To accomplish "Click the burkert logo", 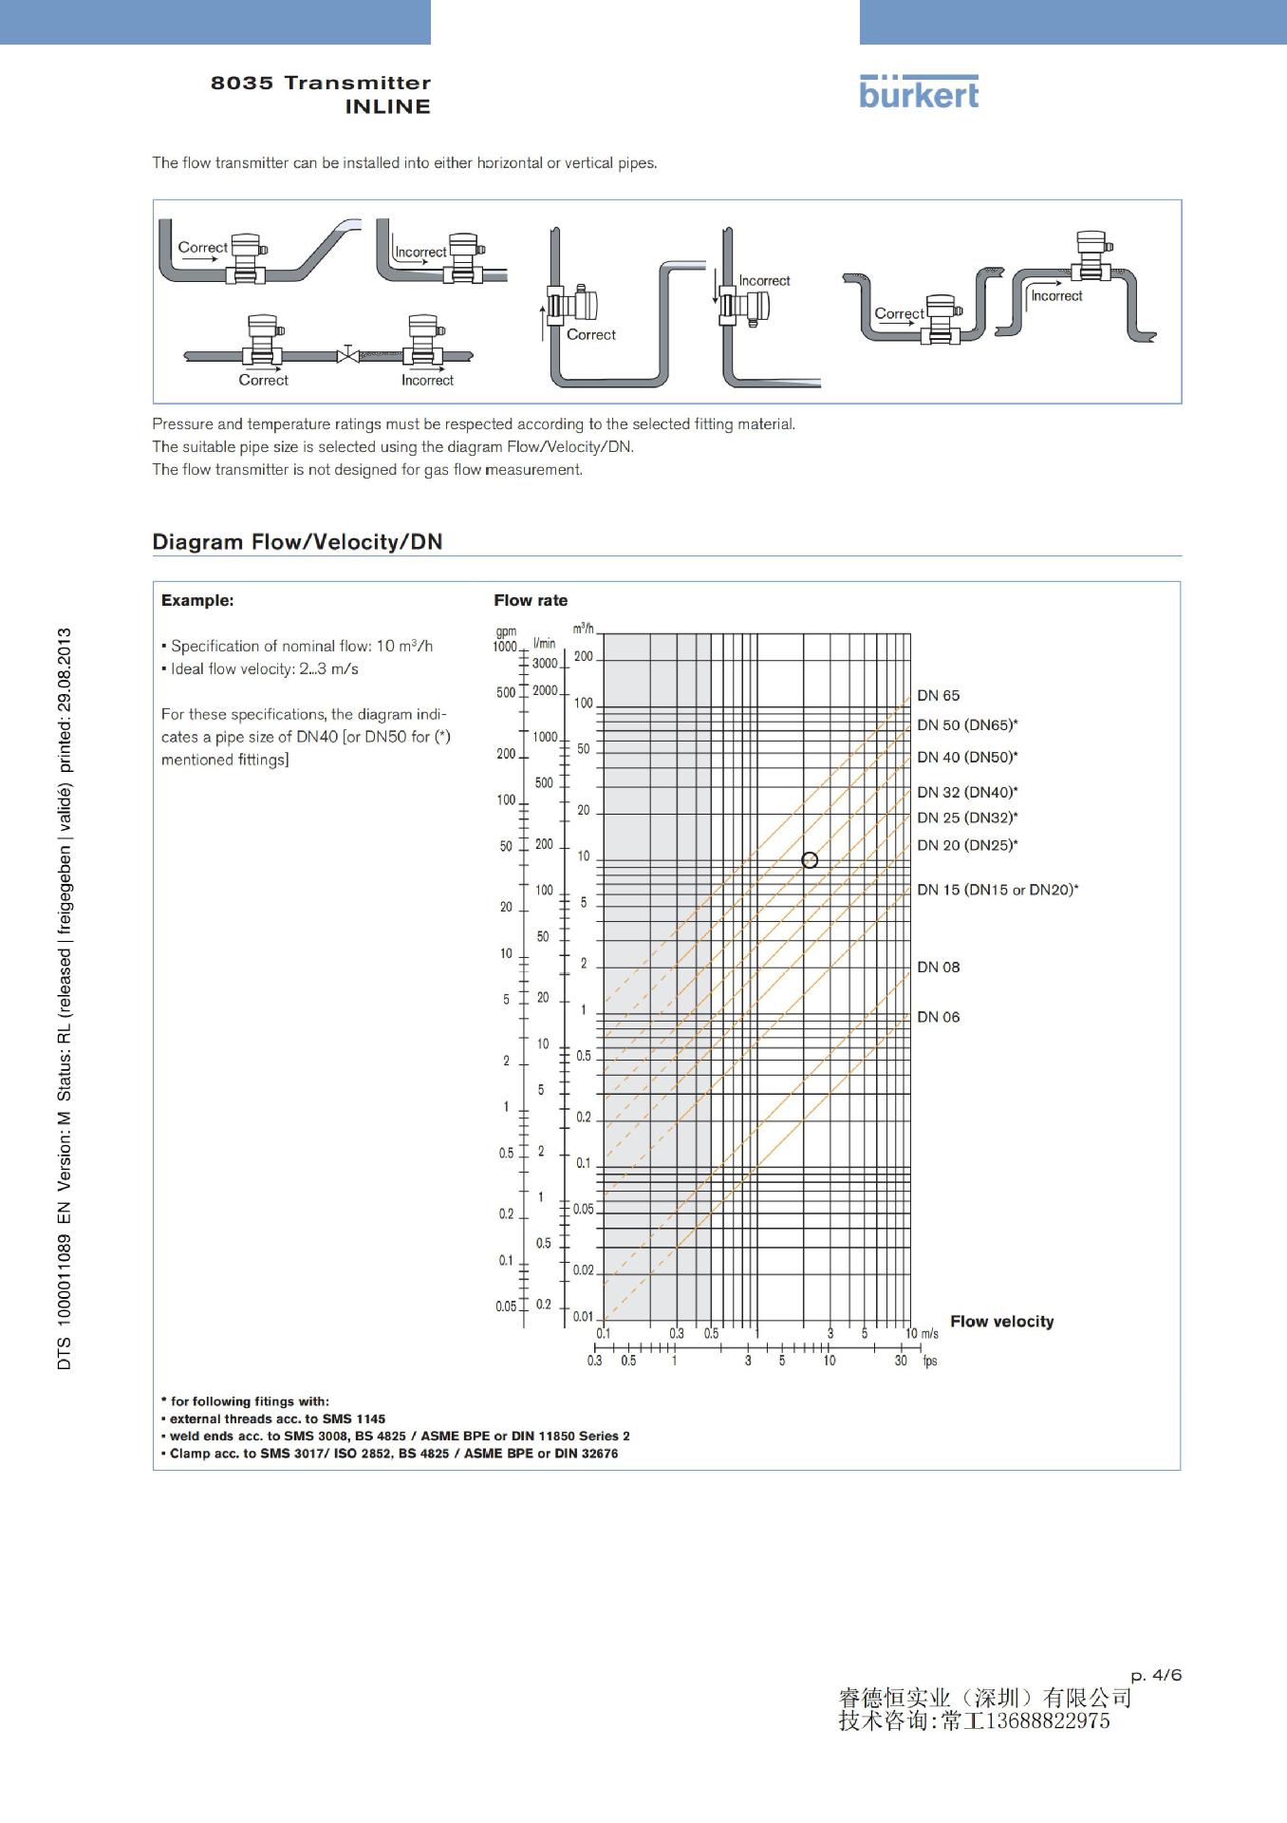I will [x=918, y=93].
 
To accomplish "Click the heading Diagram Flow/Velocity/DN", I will [x=297, y=542].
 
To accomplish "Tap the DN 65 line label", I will [x=938, y=696].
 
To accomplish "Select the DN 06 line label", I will [x=938, y=1017].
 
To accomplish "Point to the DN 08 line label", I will [x=938, y=968].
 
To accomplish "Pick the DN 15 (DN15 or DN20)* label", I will [x=997, y=890].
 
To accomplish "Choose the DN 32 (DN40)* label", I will [x=966, y=792].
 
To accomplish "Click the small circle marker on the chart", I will [x=810, y=860].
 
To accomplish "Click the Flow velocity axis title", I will [x=1001, y=1322].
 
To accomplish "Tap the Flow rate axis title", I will [x=531, y=600].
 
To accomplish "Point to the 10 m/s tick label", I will [x=921, y=1333].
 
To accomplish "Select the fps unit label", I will [x=930, y=1361].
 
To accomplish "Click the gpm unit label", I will [x=506, y=631].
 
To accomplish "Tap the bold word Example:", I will [x=197, y=600].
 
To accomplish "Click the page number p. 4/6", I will [x=1156, y=1674].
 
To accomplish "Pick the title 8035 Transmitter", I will [x=321, y=83].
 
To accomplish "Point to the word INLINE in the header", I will [x=387, y=107].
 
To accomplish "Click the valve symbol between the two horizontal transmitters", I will [x=348, y=355].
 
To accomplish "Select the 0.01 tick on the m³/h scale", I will [x=583, y=1316].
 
